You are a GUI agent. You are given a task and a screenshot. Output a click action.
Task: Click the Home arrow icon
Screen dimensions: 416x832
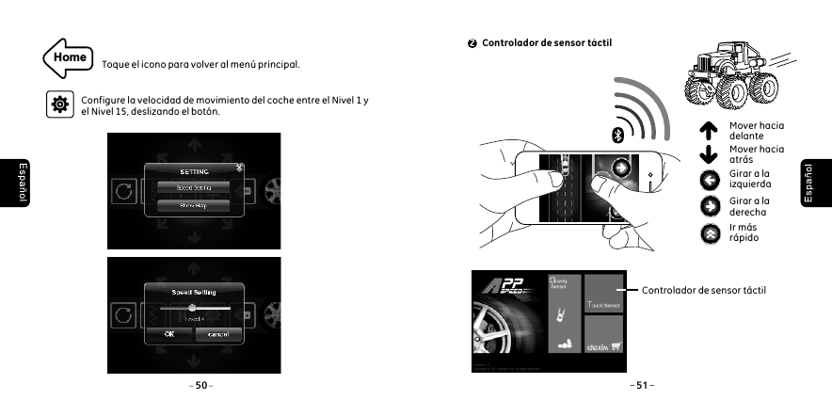(67, 57)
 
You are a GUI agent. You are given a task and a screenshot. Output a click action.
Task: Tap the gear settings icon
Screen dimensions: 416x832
(59, 104)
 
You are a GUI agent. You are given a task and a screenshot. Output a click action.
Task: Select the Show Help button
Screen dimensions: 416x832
(193, 204)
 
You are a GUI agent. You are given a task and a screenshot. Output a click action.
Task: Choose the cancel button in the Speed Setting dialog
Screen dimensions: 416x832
(219, 335)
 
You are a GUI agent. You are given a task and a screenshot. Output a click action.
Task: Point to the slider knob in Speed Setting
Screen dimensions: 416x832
(192, 307)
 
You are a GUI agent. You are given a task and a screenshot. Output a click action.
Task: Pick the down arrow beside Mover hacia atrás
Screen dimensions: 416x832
(711, 154)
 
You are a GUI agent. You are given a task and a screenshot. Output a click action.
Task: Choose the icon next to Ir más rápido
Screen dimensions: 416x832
(711, 232)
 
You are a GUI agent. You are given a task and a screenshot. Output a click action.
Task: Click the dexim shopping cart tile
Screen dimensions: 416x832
(603, 344)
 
